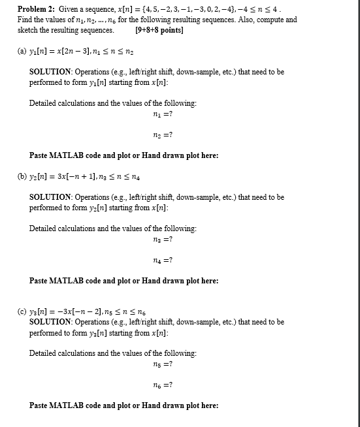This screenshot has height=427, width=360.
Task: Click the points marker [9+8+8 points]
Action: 159,30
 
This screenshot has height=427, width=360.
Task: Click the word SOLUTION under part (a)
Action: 52,72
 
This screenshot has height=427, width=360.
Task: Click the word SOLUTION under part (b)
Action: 52,197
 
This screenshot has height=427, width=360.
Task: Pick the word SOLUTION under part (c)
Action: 52,322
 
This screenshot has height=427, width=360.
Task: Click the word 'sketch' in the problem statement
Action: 29,30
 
